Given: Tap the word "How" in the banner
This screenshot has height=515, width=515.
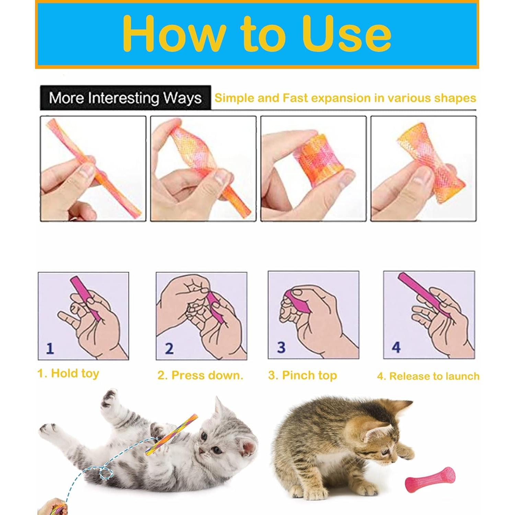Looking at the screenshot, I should [x=173, y=34].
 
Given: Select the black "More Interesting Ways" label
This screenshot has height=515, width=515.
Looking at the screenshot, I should [x=125, y=98].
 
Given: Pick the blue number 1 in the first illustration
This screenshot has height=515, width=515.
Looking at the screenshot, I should [x=50, y=348].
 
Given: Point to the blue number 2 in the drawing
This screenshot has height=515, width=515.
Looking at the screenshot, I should [x=169, y=348].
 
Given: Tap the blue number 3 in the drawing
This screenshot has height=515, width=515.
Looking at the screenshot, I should [x=281, y=347].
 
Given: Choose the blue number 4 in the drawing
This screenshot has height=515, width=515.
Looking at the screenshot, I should [x=396, y=347].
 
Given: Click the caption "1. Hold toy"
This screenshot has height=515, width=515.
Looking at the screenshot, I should [x=68, y=373].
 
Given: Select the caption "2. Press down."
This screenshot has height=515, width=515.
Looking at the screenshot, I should [x=200, y=375].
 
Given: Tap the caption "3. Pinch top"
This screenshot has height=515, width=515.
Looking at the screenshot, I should [x=302, y=375].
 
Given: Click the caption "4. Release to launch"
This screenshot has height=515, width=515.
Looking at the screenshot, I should [x=428, y=376].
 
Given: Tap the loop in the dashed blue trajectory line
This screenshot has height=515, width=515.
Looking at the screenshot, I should [x=106, y=473].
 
